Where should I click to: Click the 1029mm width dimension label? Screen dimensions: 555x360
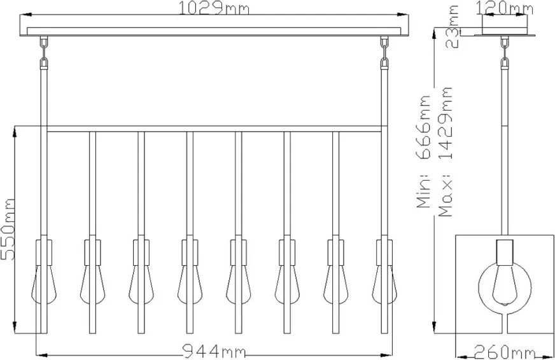coord(214,8)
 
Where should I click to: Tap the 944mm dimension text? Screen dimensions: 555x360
coord(214,351)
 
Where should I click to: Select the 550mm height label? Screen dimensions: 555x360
coord(8,230)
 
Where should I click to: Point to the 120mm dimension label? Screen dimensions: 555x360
coord(504,8)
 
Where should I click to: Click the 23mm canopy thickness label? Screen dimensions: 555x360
coord(452,27)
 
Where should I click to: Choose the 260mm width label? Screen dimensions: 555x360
coord(504,352)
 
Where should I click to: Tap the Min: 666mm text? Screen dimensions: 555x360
coord(424,152)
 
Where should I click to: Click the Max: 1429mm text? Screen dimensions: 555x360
coord(446,152)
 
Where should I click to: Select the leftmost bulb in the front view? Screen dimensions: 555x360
coord(44,285)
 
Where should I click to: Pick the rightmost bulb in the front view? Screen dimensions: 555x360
coord(384,285)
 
